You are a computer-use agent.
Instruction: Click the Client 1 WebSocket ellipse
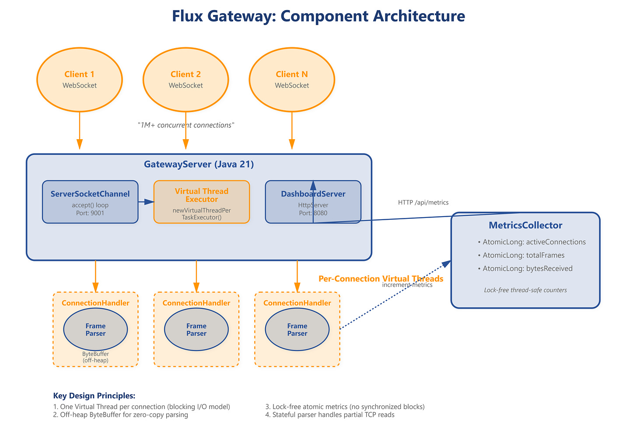[x=80, y=80]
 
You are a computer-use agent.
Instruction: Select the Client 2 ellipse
[x=186, y=80]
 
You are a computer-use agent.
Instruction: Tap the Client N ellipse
[x=292, y=80]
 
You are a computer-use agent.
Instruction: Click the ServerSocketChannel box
[x=90, y=202]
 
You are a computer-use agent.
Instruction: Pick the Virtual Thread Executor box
[x=202, y=202]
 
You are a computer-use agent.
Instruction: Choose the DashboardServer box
[x=313, y=202]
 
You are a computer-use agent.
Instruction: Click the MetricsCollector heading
[x=525, y=225]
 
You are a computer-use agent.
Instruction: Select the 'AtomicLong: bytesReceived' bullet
[x=527, y=268]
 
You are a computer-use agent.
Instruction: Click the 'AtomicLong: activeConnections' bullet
[x=534, y=242]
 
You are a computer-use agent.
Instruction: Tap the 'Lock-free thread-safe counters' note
[x=525, y=290]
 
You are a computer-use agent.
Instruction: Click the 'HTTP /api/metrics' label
[x=423, y=202]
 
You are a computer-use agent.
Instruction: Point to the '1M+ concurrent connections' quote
[x=186, y=125]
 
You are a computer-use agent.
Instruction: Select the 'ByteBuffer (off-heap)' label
[x=95, y=357]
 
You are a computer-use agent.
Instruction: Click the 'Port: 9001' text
[x=90, y=213]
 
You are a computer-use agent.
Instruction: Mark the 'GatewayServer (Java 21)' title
[x=199, y=165]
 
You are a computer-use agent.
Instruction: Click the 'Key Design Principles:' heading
[x=94, y=396]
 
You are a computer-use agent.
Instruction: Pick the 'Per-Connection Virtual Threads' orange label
[x=381, y=279]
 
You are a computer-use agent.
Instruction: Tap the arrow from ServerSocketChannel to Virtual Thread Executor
[x=146, y=202]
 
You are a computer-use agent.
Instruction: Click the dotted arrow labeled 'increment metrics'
[x=394, y=295]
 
